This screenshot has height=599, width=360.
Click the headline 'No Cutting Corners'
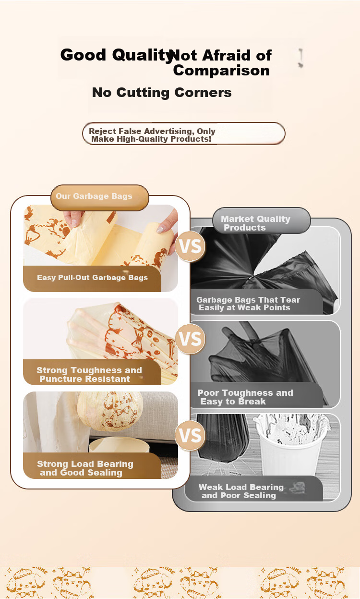[x=162, y=93]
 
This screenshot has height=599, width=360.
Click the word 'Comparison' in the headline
[x=221, y=71]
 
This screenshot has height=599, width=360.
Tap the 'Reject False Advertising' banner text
[x=152, y=135]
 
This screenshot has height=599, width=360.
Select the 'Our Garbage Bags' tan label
[x=99, y=197]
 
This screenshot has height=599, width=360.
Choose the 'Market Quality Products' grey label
[x=262, y=220]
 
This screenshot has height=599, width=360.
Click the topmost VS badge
[x=190, y=246]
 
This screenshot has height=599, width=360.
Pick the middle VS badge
[x=190, y=339]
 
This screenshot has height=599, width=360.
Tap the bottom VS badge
[x=190, y=435]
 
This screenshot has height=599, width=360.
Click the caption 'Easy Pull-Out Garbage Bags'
[x=92, y=278]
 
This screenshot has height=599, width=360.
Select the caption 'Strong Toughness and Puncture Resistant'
[x=89, y=374]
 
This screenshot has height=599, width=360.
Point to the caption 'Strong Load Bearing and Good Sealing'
[x=85, y=468]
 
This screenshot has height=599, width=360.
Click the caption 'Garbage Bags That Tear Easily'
[x=248, y=304]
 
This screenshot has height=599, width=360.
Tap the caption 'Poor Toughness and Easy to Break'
[x=245, y=397]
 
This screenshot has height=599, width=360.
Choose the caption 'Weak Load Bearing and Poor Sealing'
[x=241, y=491]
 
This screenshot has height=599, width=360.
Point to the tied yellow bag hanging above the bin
[x=110, y=411]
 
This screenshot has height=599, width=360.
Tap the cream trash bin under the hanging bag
[x=119, y=445]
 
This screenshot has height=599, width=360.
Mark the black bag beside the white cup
[x=222, y=439]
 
